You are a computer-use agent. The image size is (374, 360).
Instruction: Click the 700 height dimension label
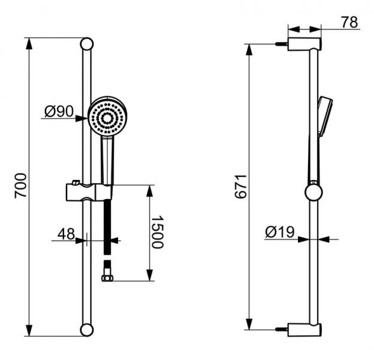click(20, 185)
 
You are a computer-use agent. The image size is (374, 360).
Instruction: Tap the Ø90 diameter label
click(59, 111)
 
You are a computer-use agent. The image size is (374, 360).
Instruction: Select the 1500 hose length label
click(158, 232)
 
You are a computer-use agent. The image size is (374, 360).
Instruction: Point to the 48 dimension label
click(66, 234)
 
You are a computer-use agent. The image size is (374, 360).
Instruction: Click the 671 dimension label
click(240, 187)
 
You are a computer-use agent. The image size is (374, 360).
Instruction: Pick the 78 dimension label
click(349, 22)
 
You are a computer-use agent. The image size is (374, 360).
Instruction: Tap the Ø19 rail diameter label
click(280, 232)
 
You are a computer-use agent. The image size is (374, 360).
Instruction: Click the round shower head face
click(107, 118)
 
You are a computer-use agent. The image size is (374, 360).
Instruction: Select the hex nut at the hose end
click(107, 278)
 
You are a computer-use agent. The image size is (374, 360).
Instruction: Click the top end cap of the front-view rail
click(86, 44)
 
